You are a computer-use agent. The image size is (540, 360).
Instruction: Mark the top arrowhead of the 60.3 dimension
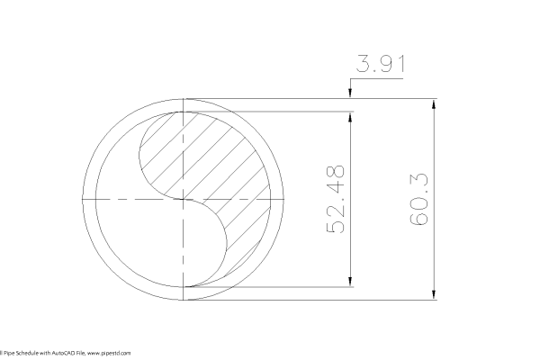click(436, 103)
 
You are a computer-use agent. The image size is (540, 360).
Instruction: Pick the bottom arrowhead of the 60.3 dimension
click(436, 295)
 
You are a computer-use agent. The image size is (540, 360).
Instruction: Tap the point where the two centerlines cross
click(184, 198)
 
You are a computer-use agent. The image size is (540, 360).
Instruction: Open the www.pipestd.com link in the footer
click(111, 354)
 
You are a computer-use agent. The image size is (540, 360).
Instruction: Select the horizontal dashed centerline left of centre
click(126, 198)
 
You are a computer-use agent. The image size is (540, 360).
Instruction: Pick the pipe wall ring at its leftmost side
click(88, 198)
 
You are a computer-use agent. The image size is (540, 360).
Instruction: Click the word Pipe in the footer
click(8, 354)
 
